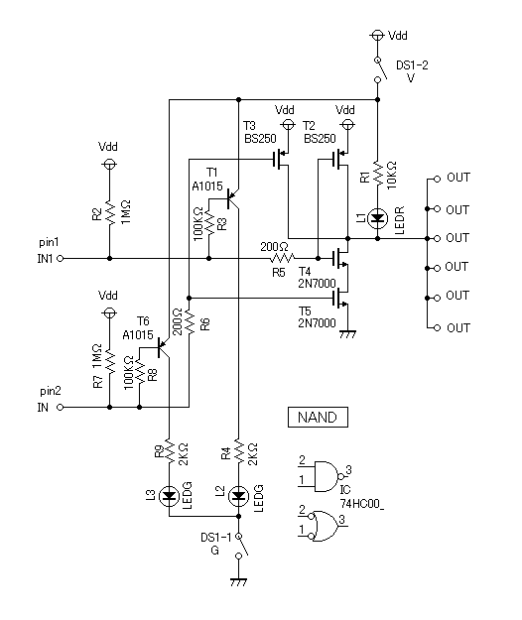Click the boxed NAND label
(318, 418)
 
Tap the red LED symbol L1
(378, 218)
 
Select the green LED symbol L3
(169, 496)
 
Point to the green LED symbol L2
(238, 496)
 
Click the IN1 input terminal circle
(61, 259)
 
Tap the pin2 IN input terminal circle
(61, 407)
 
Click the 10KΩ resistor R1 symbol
(378, 174)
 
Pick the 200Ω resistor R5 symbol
(282, 259)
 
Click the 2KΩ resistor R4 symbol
(238, 450)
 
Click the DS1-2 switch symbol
(379, 70)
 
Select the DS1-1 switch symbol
(240, 546)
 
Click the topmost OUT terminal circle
(437, 180)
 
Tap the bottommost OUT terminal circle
(437, 327)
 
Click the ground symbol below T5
(348, 334)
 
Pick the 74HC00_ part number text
(362, 504)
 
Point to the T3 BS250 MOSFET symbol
(282, 160)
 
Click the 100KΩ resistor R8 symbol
(139, 371)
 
